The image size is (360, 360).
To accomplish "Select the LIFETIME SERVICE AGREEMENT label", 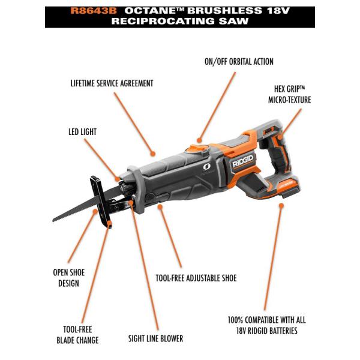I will tap(112, 83).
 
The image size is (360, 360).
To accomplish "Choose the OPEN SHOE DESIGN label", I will tap(68, 277).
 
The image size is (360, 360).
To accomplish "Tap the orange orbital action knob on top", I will tap(194, 148).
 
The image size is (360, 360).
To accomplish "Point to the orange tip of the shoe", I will tap(111, 224).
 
